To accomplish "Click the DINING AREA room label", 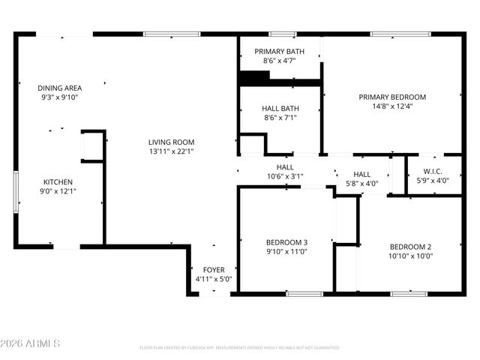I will click(x=59, y=88).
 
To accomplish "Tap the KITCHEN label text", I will click(x=58, y=181).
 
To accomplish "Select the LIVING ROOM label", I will click(x=171, y=142).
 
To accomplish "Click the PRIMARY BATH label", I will click(x=279, y=52).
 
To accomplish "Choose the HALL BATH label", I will click(x=280, y=108).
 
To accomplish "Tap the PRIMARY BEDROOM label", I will click(x=391, y=97).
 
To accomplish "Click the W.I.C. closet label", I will click(x=433, y=171).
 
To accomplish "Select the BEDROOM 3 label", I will click(x=286, y=242).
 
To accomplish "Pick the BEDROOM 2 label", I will click(x=410, y=247).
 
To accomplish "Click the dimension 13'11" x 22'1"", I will click(x=171, y=151).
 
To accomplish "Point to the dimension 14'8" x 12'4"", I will click(x=391, y=106).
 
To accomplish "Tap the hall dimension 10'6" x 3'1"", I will click(x=284, y=177).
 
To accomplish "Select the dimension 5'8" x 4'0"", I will click(x=361, y=184).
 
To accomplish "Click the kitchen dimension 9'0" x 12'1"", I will click(x=58, y=191).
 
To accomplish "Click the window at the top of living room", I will click(x=172, y=34).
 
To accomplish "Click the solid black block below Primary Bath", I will click(x=254, y=76).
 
